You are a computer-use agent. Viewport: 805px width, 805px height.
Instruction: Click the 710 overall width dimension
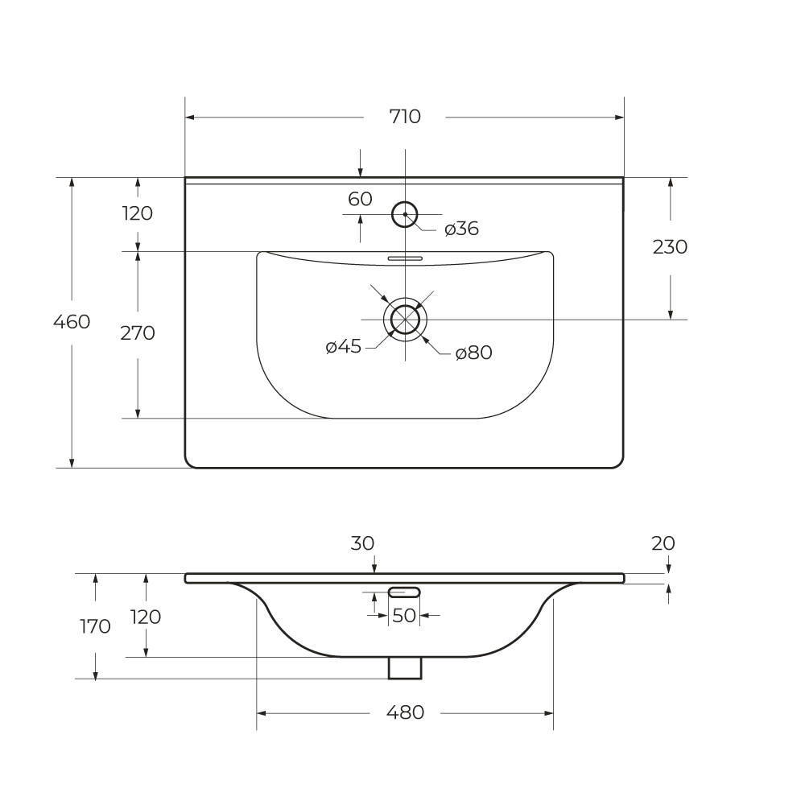(405, 117)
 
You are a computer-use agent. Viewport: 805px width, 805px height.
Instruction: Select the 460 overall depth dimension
(72, 322)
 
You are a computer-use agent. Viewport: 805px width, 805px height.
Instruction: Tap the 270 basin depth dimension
(138, 333)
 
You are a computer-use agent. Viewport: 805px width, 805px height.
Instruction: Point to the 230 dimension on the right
(670, 247)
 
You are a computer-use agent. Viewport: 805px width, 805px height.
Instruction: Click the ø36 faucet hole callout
(461, 229)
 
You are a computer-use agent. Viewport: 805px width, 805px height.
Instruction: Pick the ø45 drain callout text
(344, 346)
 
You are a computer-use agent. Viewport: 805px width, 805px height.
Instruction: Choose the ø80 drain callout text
(474, 353)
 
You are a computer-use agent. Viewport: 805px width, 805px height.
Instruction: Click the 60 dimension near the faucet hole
(360, 199)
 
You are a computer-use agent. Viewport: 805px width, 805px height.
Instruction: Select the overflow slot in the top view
(405, 258)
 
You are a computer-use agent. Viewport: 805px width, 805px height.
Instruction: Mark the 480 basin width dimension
(405, 712)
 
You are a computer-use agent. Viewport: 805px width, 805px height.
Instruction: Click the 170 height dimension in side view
(96, 626)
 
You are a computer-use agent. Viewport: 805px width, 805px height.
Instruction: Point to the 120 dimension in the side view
(146, 617)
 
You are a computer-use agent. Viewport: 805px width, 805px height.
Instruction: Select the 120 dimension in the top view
(138, 213)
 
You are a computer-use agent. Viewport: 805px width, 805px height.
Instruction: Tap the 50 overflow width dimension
(403, 616)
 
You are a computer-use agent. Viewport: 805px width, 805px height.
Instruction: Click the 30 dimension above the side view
(362, 543)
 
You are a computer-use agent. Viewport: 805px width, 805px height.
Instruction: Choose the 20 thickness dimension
(663, 543)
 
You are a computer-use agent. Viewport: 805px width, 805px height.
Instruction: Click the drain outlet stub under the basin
(405, 668)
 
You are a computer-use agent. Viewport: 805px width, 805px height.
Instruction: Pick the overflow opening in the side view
(404, 592)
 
